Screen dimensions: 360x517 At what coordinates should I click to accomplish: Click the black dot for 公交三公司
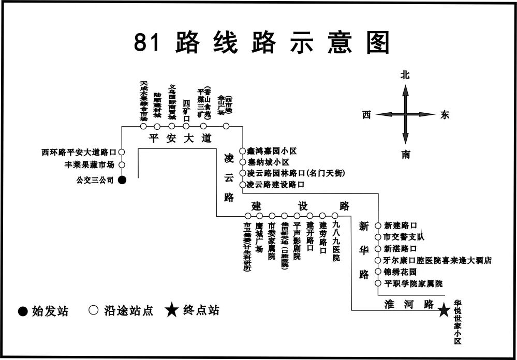122,180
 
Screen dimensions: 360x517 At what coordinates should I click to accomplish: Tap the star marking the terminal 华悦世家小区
444,310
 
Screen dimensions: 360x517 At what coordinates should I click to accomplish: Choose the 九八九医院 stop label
336,241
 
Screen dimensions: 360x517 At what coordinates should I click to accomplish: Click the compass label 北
405,75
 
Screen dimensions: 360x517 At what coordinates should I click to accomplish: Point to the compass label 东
445,115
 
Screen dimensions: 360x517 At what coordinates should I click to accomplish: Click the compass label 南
405,154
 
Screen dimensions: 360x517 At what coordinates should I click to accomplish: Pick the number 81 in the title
146,43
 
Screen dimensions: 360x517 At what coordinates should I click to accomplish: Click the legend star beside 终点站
172,310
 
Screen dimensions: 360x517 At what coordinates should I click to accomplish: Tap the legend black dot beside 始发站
23,311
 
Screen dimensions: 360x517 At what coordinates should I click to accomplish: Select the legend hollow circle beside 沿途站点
93,311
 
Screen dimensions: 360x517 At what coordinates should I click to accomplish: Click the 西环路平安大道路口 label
79,152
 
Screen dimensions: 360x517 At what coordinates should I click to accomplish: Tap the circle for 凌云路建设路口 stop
242,184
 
